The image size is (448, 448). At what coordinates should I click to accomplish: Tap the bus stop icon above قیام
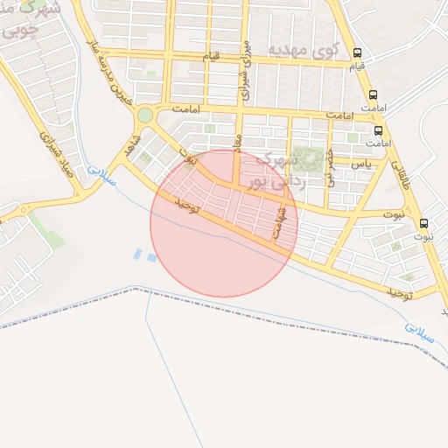coord(357,52)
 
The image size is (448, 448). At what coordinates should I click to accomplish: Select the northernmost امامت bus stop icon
coord(374,95)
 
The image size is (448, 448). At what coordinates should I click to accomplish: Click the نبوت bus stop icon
coord(424,223)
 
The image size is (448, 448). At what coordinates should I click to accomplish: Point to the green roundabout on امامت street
coord(144,115)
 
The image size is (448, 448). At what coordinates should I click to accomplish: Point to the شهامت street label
coord(279,219)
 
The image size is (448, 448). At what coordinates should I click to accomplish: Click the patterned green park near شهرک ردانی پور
coord(306,159)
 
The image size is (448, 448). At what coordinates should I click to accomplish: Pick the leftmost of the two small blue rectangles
coord(137,255)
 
